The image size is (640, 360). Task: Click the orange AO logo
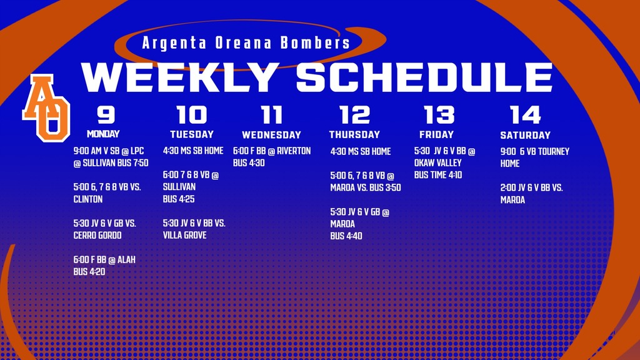(x=46, y=107)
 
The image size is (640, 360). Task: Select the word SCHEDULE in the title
(x=424, y=77)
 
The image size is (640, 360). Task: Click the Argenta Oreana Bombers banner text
(x=246, y=43)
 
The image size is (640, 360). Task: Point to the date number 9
(x=106, y=115)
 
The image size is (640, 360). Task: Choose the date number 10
(x=191, y=115)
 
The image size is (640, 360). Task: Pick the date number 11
(x=272, y=115)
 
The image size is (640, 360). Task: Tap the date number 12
(x=354, y=115)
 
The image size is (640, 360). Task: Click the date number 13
(x=439, y=115)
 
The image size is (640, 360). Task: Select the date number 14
(x=525, y=115)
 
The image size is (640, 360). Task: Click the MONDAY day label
(x=103, y=134)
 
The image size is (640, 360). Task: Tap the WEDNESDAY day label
(x=271, y=135)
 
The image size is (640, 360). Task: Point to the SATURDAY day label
(x=525, y=135)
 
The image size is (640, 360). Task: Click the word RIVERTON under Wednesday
(x=293, y=151)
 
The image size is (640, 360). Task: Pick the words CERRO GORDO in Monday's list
(x=97, y=236)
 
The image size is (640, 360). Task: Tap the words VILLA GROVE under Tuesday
(x=184, y=236)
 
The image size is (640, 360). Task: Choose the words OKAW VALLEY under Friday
(x=437, y=163)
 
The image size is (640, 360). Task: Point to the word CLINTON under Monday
(x=88, y=200)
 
